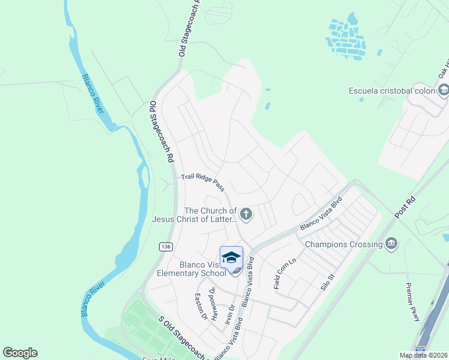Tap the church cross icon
click(x=246, y=214)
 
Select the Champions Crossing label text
click(x=344, y=244)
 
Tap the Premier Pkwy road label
click(x=413, y=302)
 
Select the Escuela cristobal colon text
click(x=392, y=91)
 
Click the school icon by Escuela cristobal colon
click(x=444, y=91)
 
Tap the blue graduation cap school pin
click(x=231, y=258)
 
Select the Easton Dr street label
click(x=200, y=307)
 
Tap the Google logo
click(x=20, y=353)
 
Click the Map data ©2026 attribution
click(x=423, y=355)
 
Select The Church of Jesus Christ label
click(x=210, y=215)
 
